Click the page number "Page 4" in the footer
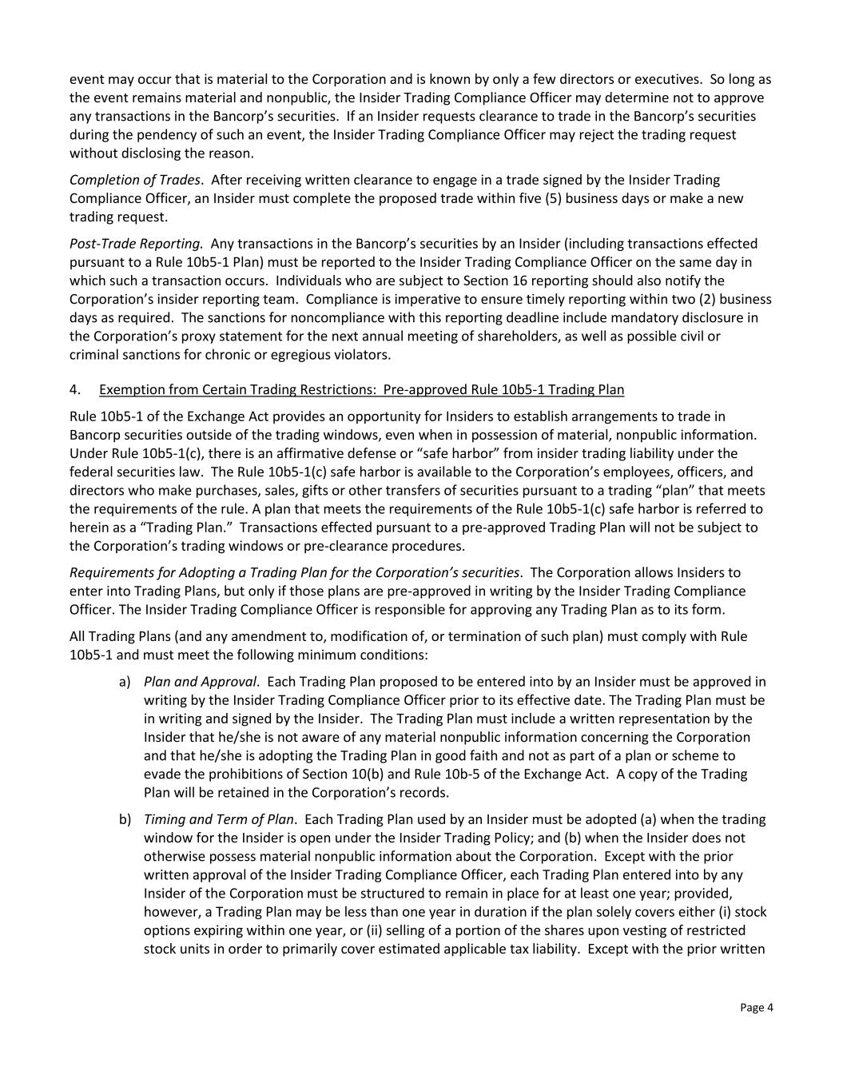(756, 1007)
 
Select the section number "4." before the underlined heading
(75, 389)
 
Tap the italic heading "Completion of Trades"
(134, 180)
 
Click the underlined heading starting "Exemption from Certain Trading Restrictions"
(361, 389)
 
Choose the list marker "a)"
(125, 682)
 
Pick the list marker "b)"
(125, 819)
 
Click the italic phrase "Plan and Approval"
(201, 682)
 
